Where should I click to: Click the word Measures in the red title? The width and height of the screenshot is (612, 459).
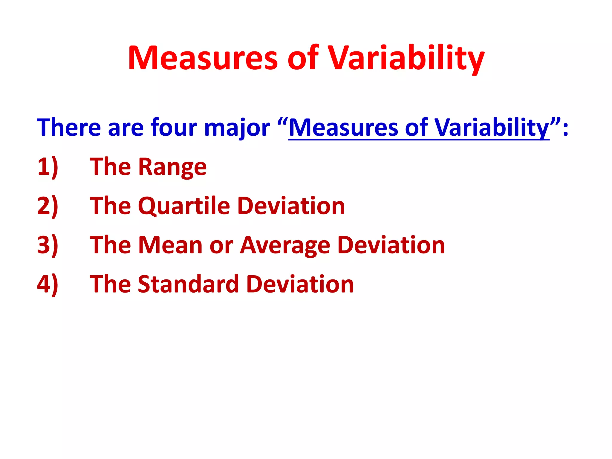click(x=203, y=58)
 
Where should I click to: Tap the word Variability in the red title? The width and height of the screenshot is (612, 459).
click(x=406, y=58)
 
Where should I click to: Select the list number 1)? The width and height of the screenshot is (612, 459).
click(x=48, y=167)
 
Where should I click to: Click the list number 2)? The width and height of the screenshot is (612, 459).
click(x=48, y=206)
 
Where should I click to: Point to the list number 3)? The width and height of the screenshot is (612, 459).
click(x=48, y=245)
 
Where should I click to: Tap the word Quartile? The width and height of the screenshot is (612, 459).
click(x=184, y=206)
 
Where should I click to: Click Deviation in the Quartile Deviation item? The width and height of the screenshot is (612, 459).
click(x=291, y=206)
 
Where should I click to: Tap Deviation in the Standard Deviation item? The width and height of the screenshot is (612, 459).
click(x=300, y=284)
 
